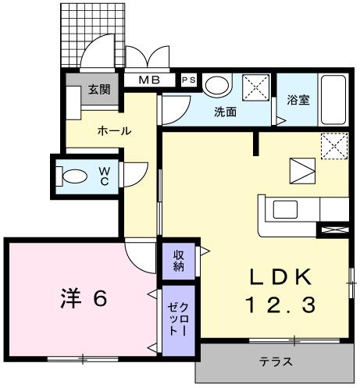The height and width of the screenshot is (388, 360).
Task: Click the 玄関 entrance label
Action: point(98,89)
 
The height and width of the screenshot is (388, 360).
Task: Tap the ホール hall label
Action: point(113,131)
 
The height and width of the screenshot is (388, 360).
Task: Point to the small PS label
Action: point(189,80)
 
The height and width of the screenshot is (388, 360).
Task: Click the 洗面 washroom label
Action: point(226,112)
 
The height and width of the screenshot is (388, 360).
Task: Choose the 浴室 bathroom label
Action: point(298,99)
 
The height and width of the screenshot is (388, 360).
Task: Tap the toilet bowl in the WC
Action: point(74,176)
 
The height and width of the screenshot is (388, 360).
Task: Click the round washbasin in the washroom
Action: point(219,86)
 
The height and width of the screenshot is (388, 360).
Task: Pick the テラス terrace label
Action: point(276,361)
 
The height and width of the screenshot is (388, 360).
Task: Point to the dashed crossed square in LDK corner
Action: point(334,146)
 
